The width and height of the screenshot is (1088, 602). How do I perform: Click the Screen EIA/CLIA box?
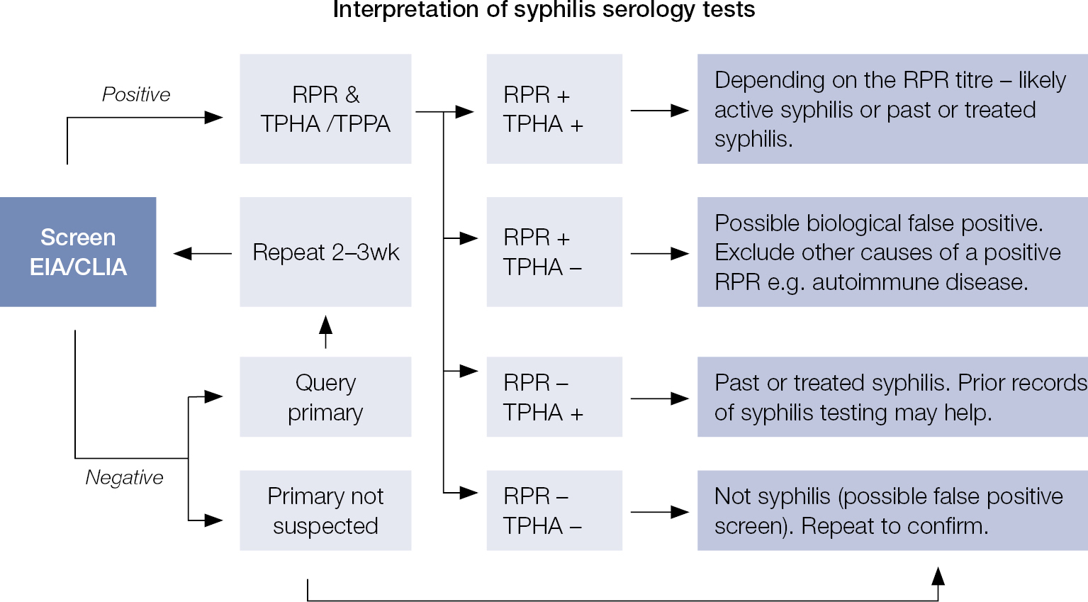pyautogui.click(x=78, y=252)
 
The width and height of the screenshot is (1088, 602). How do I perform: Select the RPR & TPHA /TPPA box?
pyautogui.click(x=325, y=109)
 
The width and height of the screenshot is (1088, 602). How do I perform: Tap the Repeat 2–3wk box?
pyautogui.click(x=325, y=252)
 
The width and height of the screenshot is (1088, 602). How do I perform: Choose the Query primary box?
pyautogui.click(x=325, y=397)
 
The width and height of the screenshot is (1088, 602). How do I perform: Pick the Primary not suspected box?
pyautogui.click(x=325, y=511)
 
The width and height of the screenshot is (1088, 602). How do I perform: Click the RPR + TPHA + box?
pyautogui.click(x=554, y=109)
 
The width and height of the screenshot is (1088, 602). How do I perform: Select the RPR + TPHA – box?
pyautogui.click(x=554, y=252)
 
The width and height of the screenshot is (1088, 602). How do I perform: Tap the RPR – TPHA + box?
pyautogui.click(x=554, y=397)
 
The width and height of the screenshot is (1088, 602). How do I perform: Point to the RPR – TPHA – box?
pyautogui.click(x=554, y=511)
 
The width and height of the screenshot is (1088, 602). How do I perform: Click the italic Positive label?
pyautogui.click(x=136, y=94)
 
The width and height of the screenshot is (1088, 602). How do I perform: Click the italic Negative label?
pyautogui.click(x=124, y=477)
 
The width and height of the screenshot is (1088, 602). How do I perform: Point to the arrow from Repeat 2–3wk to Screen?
pyautogui.click(x=203, y=253)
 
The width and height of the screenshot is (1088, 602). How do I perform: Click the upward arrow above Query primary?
pyautogui.click(x=325, y=332)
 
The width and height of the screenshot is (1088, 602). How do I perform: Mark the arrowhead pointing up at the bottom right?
pyautogui.click(x=938, y=575)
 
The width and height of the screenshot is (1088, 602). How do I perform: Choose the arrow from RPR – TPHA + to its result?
pyautogui.click(x=659, y=398)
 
